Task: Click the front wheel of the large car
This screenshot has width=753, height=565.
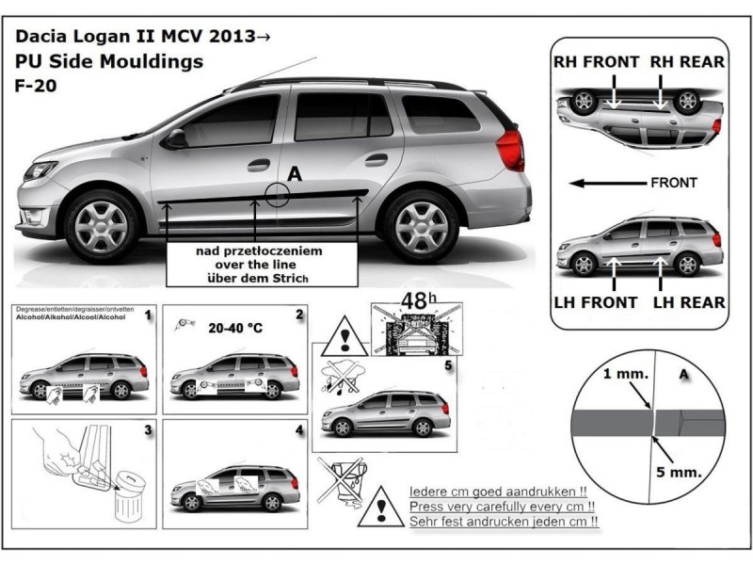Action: [102, 225]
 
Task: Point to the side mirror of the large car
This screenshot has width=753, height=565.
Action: [175, 138]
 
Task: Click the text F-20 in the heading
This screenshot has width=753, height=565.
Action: [35, 87]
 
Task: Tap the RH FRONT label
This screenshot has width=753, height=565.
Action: [597, 62]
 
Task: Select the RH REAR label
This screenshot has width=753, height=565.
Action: [687, 62]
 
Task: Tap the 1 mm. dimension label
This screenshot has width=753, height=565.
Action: [624, 373]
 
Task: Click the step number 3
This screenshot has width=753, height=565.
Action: [147, 430]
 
